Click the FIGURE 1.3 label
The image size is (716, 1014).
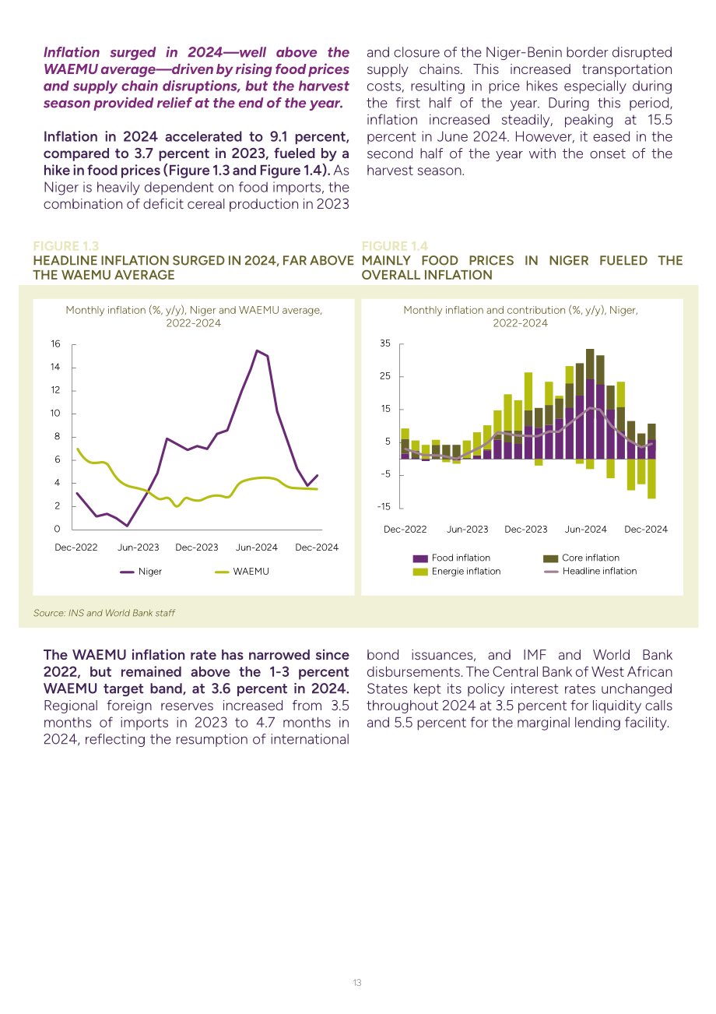click(66, 246)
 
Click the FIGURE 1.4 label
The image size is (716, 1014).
click(395, 246)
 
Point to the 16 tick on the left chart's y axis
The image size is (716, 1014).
click(55, 343)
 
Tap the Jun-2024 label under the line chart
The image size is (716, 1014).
click(257, 547)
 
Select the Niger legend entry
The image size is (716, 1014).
click(141, 572)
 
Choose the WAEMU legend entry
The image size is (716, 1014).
click(241, 572)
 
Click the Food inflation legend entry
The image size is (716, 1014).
click(451, 558)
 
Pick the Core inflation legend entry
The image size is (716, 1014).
click(581, 558)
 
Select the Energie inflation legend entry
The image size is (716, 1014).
click(457, 572)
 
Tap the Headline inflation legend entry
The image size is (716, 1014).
click(590, 572)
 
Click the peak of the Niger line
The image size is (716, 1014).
click(257, 350)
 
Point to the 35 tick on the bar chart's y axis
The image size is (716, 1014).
click(385, 343)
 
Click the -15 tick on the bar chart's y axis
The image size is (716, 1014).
click(384, 506)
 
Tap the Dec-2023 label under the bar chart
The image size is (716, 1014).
click(525, 529)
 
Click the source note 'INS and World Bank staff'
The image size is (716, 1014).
click(121, 613)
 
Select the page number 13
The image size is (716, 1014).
click(357, 983)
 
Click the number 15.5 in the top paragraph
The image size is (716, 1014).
click(660, 120)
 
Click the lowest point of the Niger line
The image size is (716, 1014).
click(128, 526)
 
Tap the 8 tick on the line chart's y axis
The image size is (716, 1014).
click(57, 436)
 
